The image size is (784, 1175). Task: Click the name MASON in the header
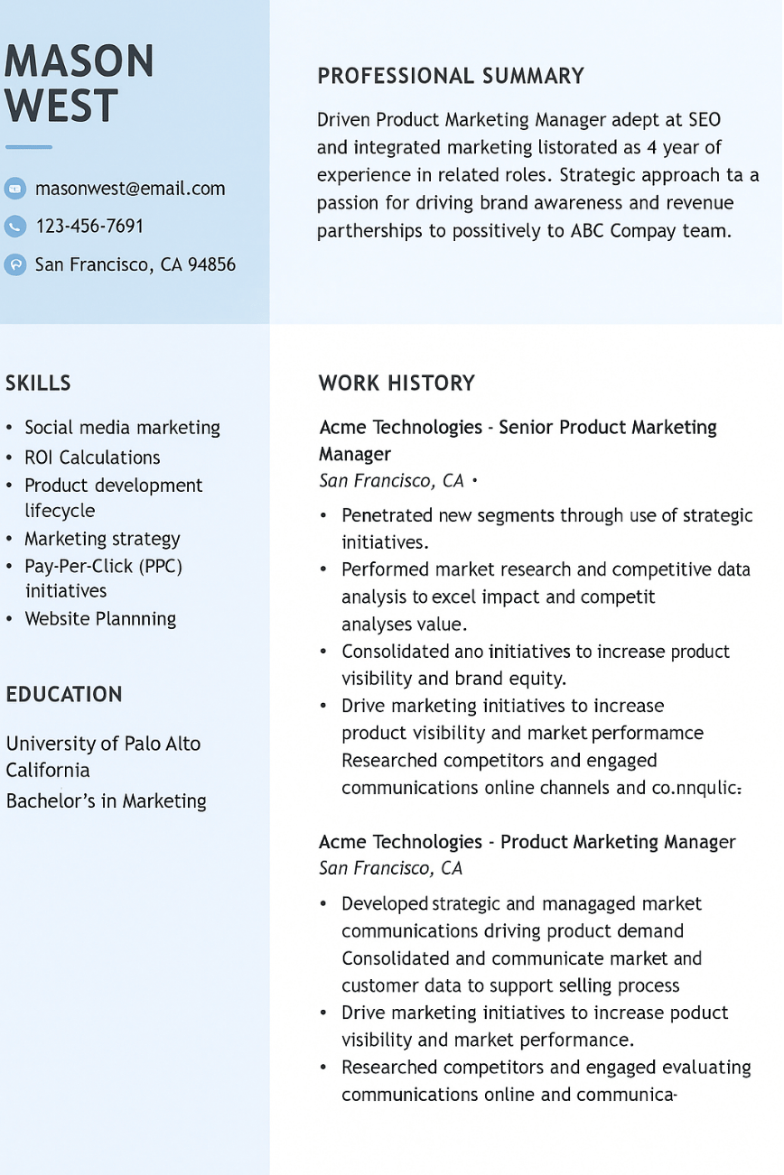pyautogui.click(x=79, y=61)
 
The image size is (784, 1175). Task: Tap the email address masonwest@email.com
pyautogui.click(x=130, y=189)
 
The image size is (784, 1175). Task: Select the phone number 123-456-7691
pyautogui.click(x=89, y=226)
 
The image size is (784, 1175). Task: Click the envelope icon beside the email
pyautogui.click(x=15, y=189)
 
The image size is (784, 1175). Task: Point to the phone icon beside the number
pyautogui.click(x=15, y=226)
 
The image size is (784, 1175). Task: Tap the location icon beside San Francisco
pyautogui.click(x=15, y=264)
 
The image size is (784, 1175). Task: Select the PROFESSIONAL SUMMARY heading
pyautogui.click(x=451, y=77)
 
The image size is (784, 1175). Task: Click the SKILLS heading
pyautogui.click(x=38, y=383)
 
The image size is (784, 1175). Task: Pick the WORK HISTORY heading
pyautogui.click(x=397, y=383)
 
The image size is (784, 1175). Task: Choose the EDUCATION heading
pyautogui.click(x=64, y=695)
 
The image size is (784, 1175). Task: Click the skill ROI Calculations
pyautogui.click(x=92, y=458)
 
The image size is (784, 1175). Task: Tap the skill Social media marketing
pyautogui.click(x=122, y=428)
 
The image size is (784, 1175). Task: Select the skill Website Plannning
pyautogui.click(x=100, y=619)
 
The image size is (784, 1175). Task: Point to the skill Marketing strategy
pyautogui.click(x=102, y=539)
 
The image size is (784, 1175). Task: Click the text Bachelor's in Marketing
pyautogui.click(x=106, y=801)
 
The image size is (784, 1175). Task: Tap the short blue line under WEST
pyautogui.click(x=29, y=147)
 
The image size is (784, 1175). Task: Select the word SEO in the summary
pyautogui.click(x=704, y=120)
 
